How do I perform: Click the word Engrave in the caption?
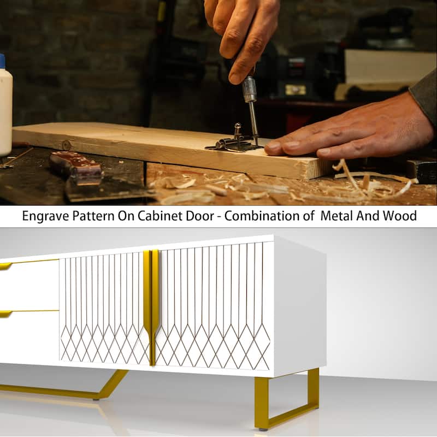(x=46, y=216)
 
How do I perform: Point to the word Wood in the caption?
(x=400, y=216)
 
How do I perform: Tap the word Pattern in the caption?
(x=93, y=216)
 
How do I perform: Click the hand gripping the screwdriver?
(x=243, y=36)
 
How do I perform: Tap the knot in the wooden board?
(x=66, y=145)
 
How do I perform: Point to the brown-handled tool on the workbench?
(x=76, y=168)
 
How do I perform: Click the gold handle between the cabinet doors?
(x=151, y=306)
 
